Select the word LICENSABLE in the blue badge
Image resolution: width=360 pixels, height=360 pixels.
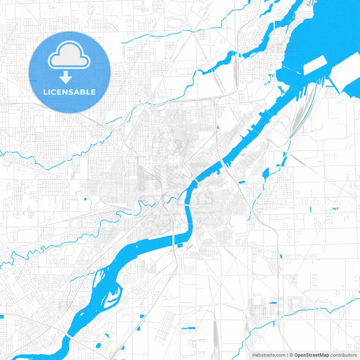[70, 92]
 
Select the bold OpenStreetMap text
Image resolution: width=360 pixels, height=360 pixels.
[311, 355]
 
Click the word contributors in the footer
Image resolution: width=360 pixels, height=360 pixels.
[343, 355]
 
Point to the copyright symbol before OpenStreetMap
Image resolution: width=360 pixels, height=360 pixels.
[291, 355]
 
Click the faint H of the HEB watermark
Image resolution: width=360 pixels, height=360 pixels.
[259, 307]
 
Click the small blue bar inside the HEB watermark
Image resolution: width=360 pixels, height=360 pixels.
[274, 303]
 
